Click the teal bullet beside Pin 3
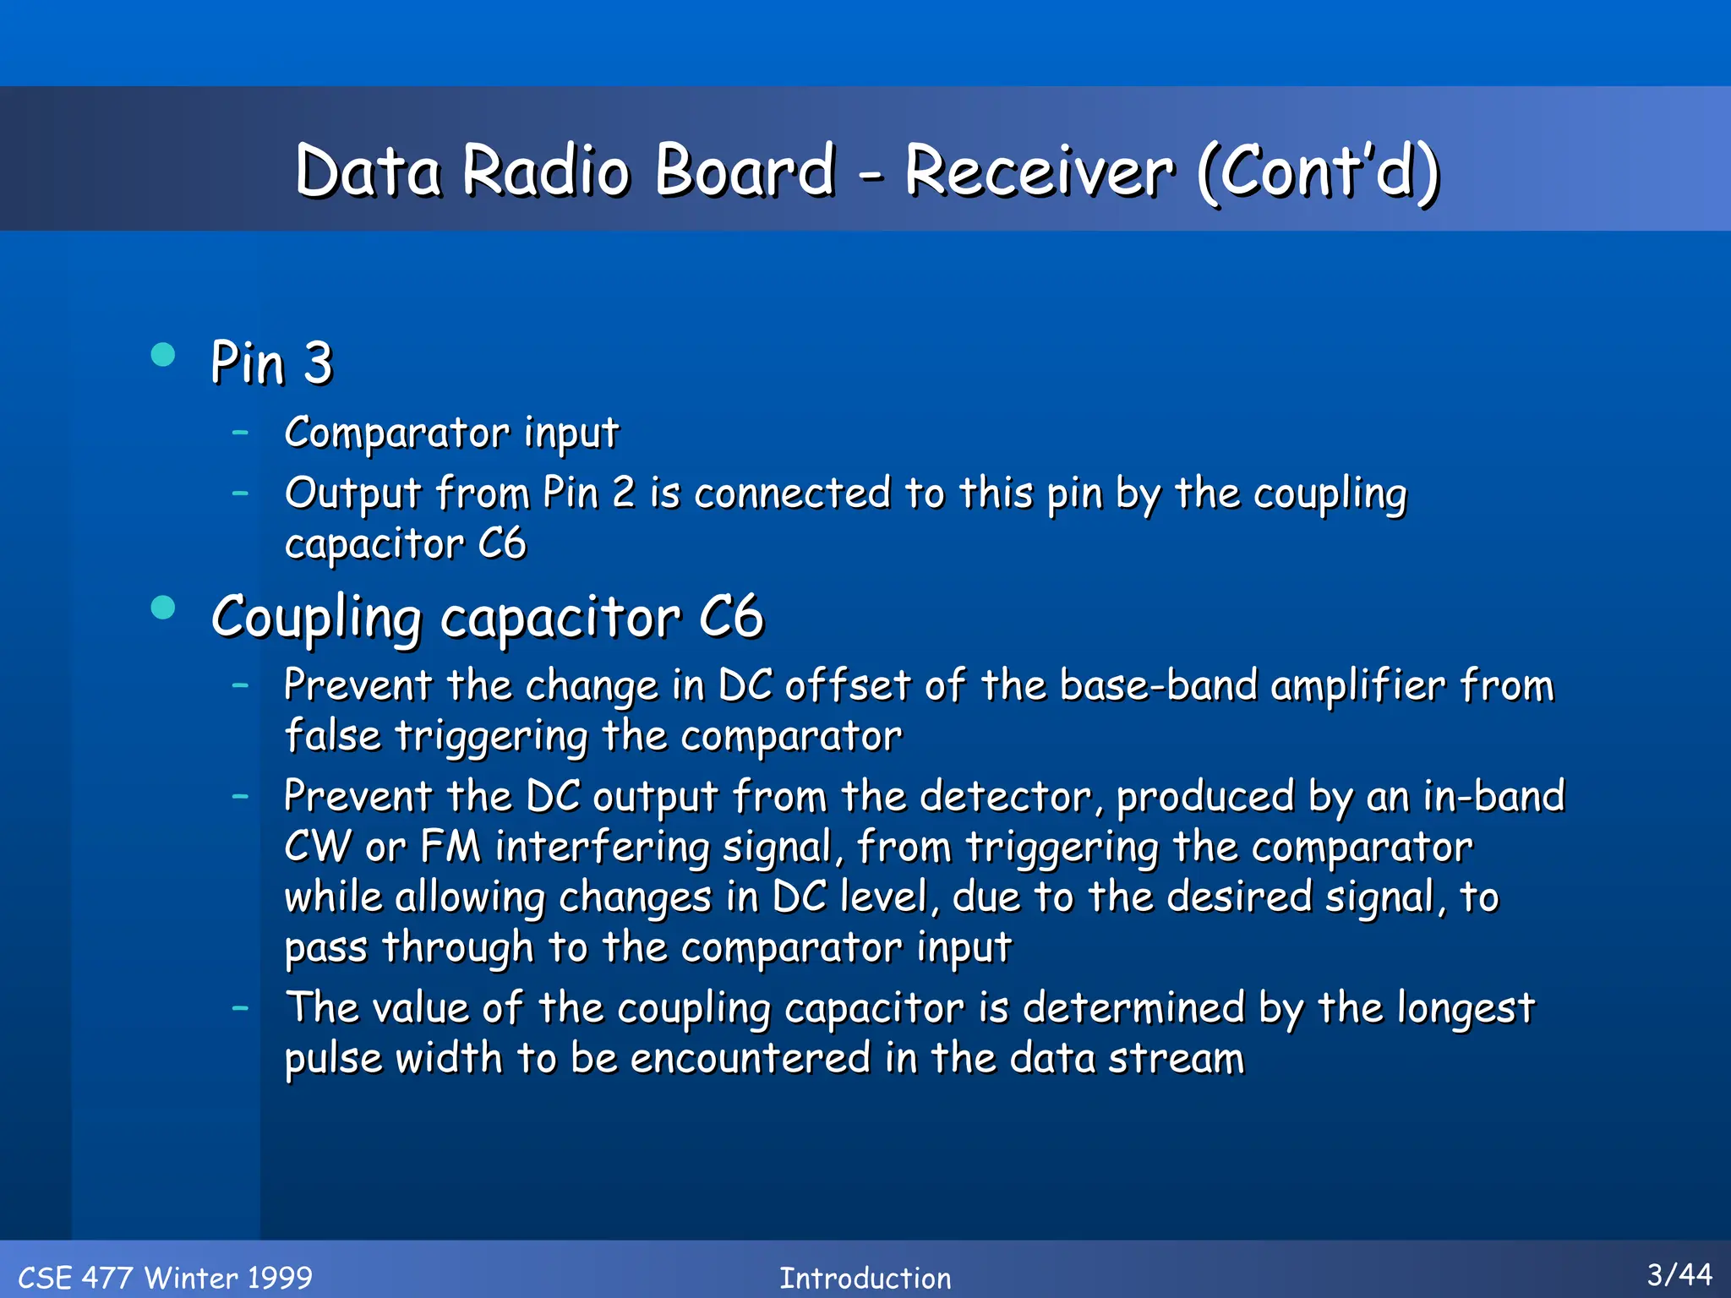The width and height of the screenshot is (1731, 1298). pyautogui.click(x=162, y=354)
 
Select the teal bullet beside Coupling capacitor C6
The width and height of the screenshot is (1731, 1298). pyautogui.click(x=162, y=608)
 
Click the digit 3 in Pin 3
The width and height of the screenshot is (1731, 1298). pyautogui.click(x=318, y=363)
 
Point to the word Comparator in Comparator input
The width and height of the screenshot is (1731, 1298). pyautogui.click(x=397, y=433)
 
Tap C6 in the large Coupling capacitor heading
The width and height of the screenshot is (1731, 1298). pyautogui.click(x=731, y=617)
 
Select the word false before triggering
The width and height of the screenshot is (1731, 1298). pyautogui.click(x=332, y=735)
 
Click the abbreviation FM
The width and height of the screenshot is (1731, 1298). pyautogui.click(x=450, y=847)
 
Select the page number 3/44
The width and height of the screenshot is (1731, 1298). pyautogui.click(x=1679, y=1274)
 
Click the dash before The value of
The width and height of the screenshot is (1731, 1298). pyautogui.click(x=241, y=1007)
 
